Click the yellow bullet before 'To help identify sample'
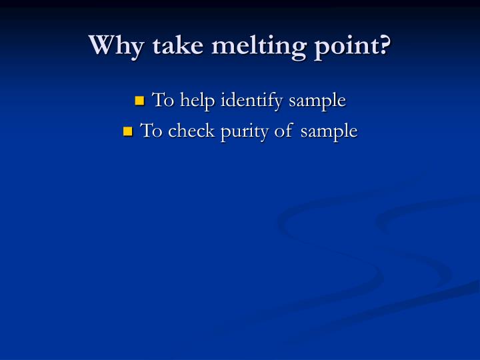click(139, 101)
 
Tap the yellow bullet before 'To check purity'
click(128, 131)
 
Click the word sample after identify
click(317, 101)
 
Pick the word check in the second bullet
click(191, 131)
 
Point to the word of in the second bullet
click(283, 131)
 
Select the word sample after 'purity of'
click(329, 131)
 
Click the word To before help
click(163, 101)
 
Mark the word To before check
click(151, 131)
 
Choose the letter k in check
click(209, 130)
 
